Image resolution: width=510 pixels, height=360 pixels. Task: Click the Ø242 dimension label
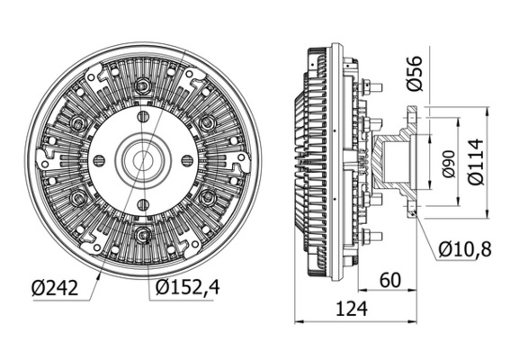tap(54, 288)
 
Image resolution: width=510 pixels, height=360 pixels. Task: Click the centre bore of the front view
tap(143, 159)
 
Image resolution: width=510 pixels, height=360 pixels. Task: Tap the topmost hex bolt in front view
tap(143, 86)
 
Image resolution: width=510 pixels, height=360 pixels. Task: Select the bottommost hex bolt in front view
tap(143, 236)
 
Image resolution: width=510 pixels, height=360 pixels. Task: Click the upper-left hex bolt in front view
tap(79, 123)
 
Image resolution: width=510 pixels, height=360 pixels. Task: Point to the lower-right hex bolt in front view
tap(208, 196)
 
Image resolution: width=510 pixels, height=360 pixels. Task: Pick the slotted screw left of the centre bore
tap(100, 160)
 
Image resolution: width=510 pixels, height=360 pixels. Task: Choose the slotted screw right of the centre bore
tap(187, 160)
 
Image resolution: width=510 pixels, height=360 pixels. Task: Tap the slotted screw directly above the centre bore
tap(143, 117)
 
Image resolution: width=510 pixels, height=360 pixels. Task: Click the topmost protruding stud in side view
tap(374, 86)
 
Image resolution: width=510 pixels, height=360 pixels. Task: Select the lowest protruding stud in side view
tap(374, 236)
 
